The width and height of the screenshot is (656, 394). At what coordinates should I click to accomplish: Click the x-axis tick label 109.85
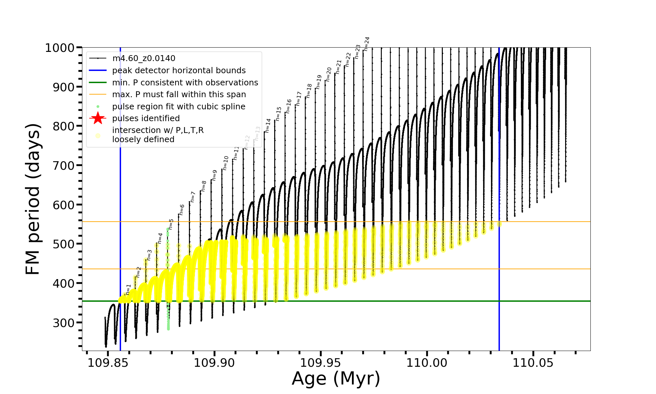click(x=108, y=363)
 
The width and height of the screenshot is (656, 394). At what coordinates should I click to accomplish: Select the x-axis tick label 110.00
click(x=427, y=363)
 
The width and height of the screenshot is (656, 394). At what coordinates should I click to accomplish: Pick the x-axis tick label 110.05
click(x=533, y=363)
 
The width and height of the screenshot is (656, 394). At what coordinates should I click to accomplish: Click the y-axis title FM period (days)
click(x=33, y=199)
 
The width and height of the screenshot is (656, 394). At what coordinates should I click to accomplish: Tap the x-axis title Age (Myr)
click(x=336, y=379)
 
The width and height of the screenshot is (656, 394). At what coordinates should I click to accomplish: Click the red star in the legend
click(x=98, y=118)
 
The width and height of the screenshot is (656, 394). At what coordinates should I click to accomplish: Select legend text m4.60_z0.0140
click(x=144, y=58)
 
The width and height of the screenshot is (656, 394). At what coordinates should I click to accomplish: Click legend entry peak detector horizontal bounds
click(x=179, y=71)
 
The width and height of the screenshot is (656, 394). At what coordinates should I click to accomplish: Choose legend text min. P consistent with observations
click(x=185, y=82)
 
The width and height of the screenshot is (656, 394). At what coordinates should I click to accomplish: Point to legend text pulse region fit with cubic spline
click(x=179, y=107)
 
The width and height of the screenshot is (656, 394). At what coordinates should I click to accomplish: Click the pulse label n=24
click(x=367, y=44)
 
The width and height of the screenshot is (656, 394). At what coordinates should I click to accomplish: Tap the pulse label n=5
click(x=171, y=224)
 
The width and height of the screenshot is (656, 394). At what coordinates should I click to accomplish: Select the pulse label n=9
click(x=215, y=175)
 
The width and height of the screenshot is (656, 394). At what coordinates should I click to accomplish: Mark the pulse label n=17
click(x=298, y=98)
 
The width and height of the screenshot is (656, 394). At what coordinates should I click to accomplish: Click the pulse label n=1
click(x=128, y=289)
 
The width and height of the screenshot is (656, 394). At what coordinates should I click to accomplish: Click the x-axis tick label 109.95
click(x=320, y=363)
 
